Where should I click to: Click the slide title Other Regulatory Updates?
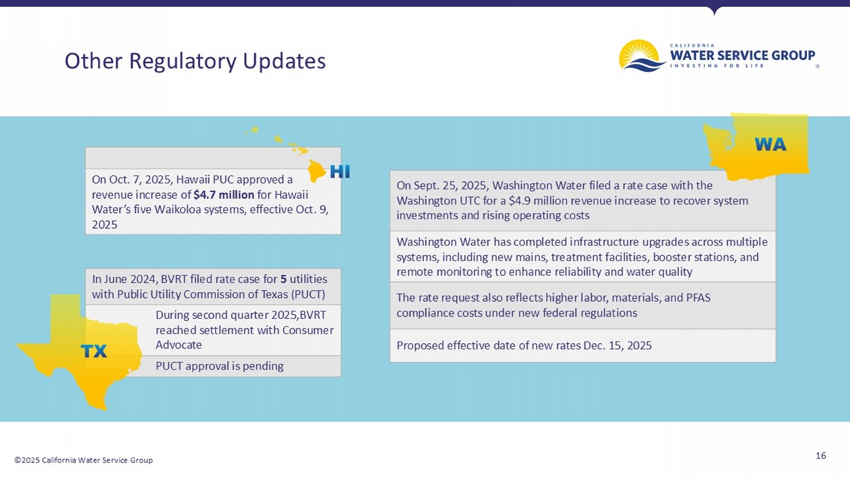click(x=195, y=61)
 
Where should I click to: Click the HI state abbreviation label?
click(x=339, y=172)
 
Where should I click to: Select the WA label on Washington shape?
click(x=770, y=145)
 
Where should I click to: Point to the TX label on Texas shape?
click(x=94, y=352)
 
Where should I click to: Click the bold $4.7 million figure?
click(x=224, y=195)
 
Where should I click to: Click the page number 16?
click(x=820, y=455)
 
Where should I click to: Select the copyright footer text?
click(x=83, y=460)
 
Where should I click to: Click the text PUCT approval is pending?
click(x=219, y=366)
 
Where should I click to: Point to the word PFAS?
click(x=696, y=298)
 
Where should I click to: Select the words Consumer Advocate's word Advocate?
click(x=178, y=345)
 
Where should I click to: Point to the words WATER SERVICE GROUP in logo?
click(x=742, y=55)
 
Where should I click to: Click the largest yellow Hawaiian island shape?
click(x=316, y=170)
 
